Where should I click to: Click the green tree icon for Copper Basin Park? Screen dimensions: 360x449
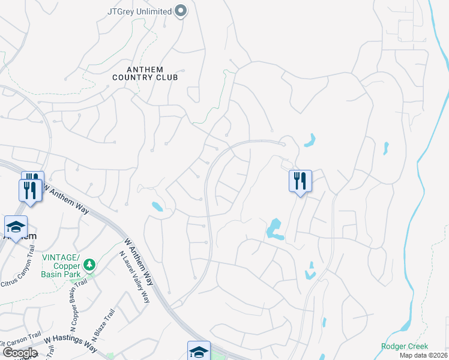point(89,264)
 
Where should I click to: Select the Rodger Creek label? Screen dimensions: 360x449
point(405,346)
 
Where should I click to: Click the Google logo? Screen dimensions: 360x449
point(20,353)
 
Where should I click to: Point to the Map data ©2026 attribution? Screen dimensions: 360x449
point(423,355)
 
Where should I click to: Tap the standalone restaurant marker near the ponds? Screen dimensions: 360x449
point(300,180)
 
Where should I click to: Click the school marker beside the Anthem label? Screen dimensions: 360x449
point(16,227)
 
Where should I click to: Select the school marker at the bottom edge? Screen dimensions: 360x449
point(199,350)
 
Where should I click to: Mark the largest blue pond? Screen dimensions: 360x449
point(274,228)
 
